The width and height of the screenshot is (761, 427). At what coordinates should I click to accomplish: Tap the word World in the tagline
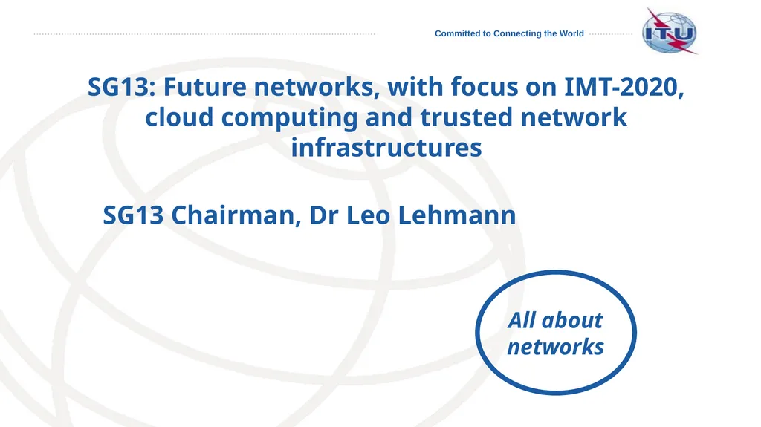tap(570, 33)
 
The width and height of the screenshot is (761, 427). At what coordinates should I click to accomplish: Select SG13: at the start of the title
tap(122, 88)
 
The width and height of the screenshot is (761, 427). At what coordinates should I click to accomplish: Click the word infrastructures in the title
tap(386, 147)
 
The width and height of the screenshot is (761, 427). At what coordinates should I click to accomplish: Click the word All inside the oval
tap(522, 321)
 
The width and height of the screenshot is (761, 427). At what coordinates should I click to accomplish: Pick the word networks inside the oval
tap(555, 347)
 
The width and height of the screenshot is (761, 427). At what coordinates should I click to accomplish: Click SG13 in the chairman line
tap(135, 216)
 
